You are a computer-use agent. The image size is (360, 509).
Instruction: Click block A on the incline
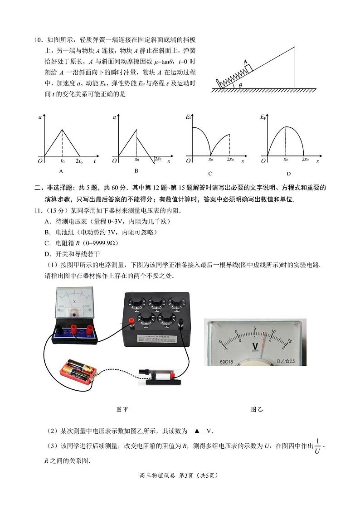(x=248, y=68)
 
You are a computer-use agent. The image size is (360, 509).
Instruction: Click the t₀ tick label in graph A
(x=63, y=161)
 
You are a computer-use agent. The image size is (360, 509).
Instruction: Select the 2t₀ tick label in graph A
(x=79, y=161)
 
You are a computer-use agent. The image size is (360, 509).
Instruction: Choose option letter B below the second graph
(x=136, y=171)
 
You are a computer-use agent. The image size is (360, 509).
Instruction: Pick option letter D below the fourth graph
(x=288, y=173)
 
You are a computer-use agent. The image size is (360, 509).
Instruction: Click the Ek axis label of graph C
(x=188, y=117)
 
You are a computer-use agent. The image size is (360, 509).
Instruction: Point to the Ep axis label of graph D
(x=263, y=117)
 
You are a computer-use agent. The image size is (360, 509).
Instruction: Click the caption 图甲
(x=122, y=409)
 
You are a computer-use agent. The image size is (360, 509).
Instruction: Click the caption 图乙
(x=257, y=409)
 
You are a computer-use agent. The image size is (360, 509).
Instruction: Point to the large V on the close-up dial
(x=255, y=347)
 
